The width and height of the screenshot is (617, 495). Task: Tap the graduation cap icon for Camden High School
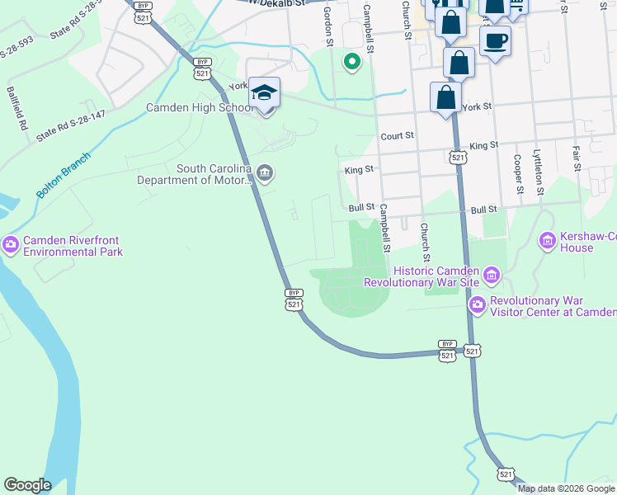[265, 93]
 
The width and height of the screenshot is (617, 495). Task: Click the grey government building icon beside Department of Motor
[265, 172]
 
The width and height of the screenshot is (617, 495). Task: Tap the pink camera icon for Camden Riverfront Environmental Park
[11, 244]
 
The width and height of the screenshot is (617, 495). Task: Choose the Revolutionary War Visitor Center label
[553, 306]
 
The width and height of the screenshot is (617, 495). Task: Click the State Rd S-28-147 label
[71, 125]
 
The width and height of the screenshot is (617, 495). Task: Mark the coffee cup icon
[495, 40]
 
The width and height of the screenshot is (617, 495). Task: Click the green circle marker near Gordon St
[352, 62]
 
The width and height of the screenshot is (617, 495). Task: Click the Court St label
[396, 136]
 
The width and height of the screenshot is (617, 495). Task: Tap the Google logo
[27, 485]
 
